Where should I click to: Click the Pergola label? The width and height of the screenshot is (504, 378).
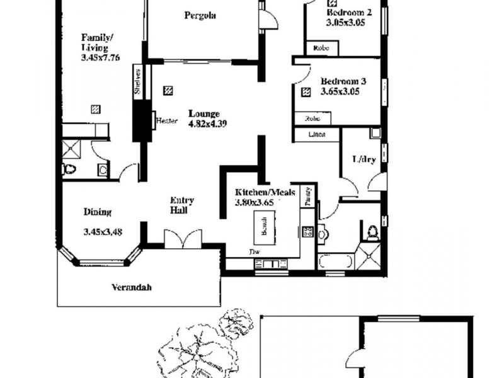[200, 16]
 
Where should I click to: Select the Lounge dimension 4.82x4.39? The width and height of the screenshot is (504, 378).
[207, 123]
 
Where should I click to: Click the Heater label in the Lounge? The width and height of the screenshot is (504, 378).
[168, 121]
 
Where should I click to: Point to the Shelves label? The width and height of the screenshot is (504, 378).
[137, 81]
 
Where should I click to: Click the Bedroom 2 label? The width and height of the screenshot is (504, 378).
[349, 11]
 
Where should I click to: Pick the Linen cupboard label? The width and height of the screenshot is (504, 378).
[316, 134]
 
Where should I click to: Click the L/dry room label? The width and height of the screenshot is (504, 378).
[364, 159]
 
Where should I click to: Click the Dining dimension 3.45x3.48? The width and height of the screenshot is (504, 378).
[103, 232]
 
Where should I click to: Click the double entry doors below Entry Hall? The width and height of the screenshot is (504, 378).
[183, 239]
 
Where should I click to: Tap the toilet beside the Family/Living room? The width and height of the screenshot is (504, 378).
[69, 169]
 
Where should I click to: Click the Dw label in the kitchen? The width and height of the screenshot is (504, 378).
[255, 253]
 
